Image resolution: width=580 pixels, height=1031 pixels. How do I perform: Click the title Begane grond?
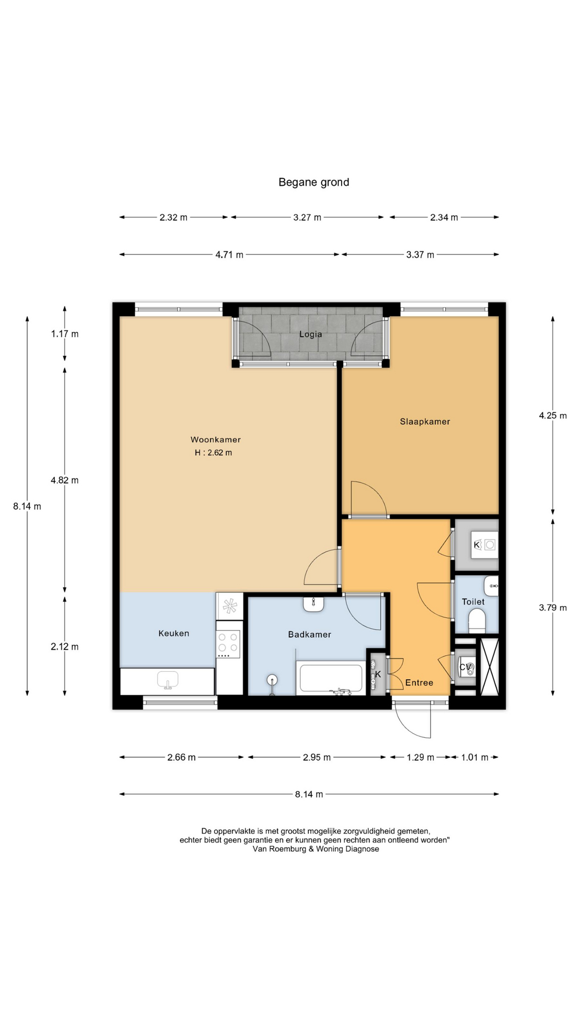point(314,182)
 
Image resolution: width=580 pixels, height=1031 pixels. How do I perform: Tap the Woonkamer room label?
point(215,439)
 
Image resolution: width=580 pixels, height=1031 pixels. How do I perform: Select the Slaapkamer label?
point(425,422)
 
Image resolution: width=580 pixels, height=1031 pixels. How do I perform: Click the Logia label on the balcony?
point(310,334)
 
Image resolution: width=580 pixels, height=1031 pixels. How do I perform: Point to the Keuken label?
point(173,633)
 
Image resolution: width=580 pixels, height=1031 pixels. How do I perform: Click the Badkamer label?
point(309,634)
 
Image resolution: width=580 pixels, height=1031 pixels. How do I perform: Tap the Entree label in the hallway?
point(419,683)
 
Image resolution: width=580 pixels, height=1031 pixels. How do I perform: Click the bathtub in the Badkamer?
point(330,678)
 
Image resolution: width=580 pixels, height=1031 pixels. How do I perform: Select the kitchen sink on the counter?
point(168,680)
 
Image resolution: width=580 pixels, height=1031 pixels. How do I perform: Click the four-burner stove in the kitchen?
point(228,644)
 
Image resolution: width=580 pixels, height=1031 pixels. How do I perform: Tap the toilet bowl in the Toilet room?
point(477,621)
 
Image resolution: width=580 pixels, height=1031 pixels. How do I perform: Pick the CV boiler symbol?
point(465,667)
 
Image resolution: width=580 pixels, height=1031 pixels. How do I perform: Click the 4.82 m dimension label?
point(64,480)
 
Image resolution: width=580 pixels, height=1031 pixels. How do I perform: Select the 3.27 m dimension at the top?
point(307,217)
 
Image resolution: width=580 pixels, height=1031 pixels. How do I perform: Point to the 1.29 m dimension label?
point(420,757)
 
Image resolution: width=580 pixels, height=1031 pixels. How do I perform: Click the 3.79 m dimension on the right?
point(553,608)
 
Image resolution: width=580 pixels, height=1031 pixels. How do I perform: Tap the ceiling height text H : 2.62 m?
point(213,453)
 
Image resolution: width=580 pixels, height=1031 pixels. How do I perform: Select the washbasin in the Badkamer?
point(314,604)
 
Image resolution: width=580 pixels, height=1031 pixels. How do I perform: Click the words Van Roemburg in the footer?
point(279,849)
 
